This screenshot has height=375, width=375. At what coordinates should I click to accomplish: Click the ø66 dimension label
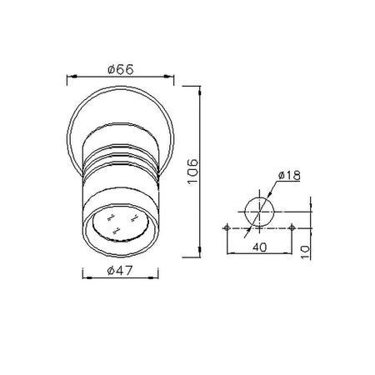pyautogui.click(x=121, y=69)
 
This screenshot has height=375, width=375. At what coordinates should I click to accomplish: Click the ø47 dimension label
pyautogui.click(x=120, y=270)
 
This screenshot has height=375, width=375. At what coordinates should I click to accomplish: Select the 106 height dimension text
pyautogui.click(x=192, y=171)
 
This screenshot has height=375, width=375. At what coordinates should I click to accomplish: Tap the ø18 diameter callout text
pyautogui.click(x=289, y=176)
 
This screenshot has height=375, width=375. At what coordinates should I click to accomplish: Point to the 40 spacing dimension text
pyautogui.click(x=260, y=247)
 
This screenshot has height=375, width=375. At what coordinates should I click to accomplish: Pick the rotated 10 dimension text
pyautogui.click(x=306, y=252)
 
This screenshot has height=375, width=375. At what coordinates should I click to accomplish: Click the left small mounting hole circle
pyautogui.click(x=227, y=228)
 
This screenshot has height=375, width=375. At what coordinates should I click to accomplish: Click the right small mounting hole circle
pyautogui.click(x=292, y=228)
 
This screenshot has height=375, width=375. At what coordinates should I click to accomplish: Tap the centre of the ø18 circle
pyautogui.click(x=259, y=212)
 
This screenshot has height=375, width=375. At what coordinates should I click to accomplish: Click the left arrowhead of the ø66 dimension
pyautogui.click(x=72, y=76)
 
